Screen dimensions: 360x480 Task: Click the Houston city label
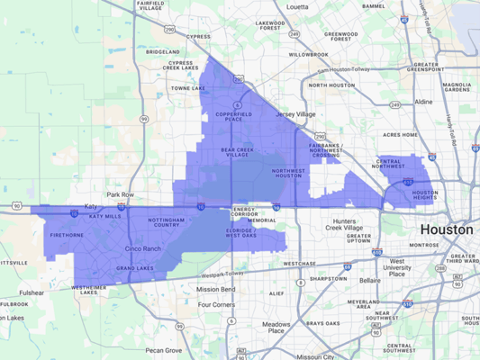(445, 229)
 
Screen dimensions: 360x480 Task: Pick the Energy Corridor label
(244, 212)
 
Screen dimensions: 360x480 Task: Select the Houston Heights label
(425, 195)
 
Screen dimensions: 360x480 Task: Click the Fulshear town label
(31, 292)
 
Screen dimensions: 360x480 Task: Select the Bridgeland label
(163, 52)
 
